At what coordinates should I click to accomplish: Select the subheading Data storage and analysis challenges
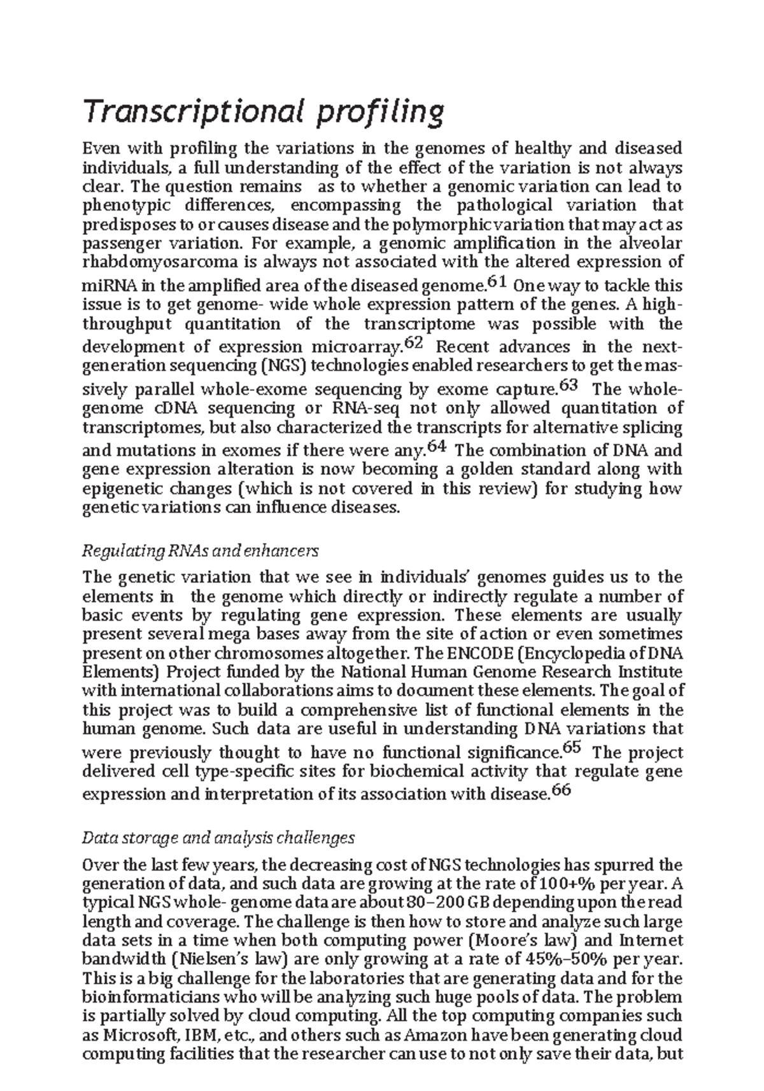[218, 838]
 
